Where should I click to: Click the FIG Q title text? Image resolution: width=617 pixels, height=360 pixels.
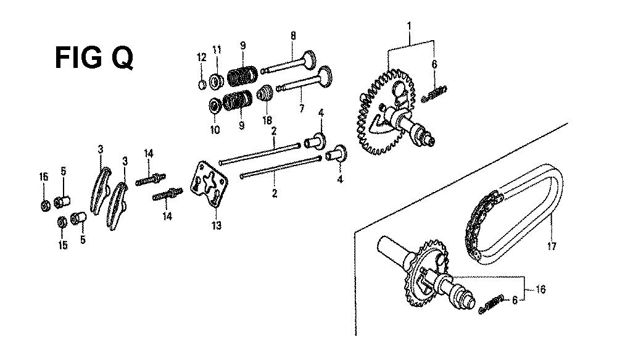pyautogui.click(x=94, y=57)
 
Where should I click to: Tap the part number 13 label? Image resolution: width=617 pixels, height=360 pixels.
pyautogui.click(x=217, y=225)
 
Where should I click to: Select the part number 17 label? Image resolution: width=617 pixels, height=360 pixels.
pyautogui.click(x=552, y=246)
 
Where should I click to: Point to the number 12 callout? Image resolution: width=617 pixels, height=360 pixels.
pyautogui.click(x=202, y=57)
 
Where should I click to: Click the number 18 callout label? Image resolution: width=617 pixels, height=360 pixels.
pyautogui.click(x=267, y=120)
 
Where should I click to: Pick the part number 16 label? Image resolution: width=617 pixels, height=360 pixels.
pyautogui.click(x=541, y=290)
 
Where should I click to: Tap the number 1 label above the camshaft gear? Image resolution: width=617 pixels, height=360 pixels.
pyautogui.click(x=409, y=27)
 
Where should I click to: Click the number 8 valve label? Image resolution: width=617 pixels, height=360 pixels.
pyautogui.click(x=293, y=35)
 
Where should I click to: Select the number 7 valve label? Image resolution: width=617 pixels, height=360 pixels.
pyautogui.click(x=302, y=108)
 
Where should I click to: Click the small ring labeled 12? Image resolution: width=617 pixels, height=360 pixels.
pyautogui.click(x=202, y=85)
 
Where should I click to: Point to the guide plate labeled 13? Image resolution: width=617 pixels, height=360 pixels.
pyautogui.click(x=209, y=183)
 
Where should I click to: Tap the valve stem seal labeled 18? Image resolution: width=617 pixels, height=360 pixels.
pyautogui.click(x=265, y=94)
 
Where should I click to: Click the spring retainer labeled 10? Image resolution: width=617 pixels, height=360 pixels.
pyautogui.click(x=215, y=106)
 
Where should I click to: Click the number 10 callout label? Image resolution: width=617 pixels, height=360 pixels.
pyautogui.click(x=215, y=130)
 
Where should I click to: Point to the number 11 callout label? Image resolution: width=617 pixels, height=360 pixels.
pyautogui.click(x=217, y=50)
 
